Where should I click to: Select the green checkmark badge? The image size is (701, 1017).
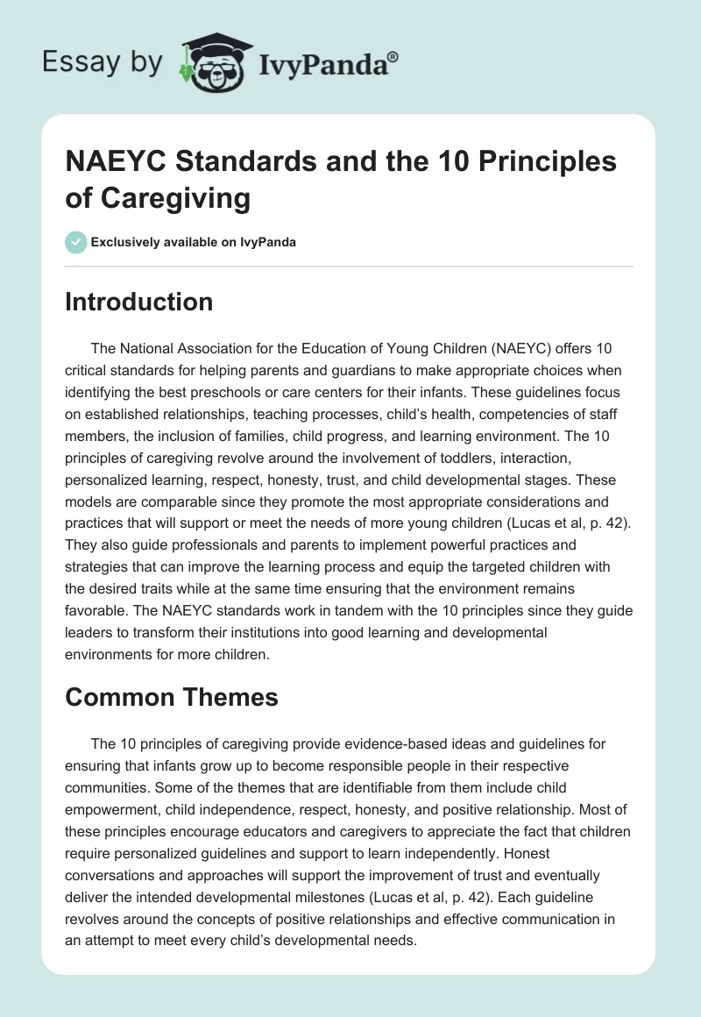(x=76, y=242)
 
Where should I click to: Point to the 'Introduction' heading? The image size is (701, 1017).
(x=139, y=302)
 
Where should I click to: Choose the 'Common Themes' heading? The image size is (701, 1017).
(x=172, y=697)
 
